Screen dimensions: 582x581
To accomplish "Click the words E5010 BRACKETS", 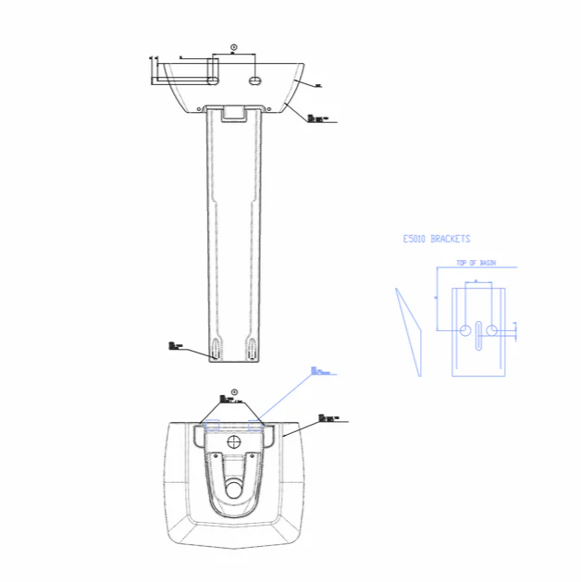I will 436,239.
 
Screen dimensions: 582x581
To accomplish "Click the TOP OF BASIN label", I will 476,263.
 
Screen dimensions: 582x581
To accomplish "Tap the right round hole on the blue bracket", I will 492,329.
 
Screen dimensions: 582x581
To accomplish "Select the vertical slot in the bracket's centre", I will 478,336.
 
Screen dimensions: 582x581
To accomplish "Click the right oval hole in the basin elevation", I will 255,80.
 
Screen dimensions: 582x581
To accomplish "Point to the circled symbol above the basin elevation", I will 233,46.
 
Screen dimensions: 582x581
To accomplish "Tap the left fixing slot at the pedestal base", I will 216,351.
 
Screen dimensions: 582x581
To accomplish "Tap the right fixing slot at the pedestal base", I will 252,351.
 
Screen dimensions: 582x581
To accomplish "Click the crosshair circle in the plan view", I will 234,441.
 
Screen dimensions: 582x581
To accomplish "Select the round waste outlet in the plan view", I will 234,483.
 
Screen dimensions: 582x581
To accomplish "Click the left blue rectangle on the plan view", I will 212,426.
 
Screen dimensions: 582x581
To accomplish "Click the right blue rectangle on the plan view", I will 256,426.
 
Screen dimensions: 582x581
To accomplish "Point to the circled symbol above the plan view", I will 234,390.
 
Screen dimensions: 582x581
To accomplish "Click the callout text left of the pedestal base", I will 175,345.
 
